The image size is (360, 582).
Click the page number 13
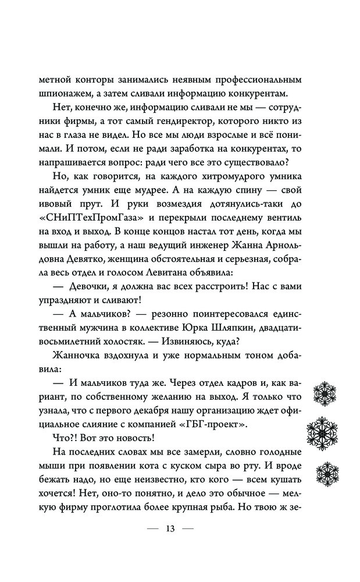[170, 529]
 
